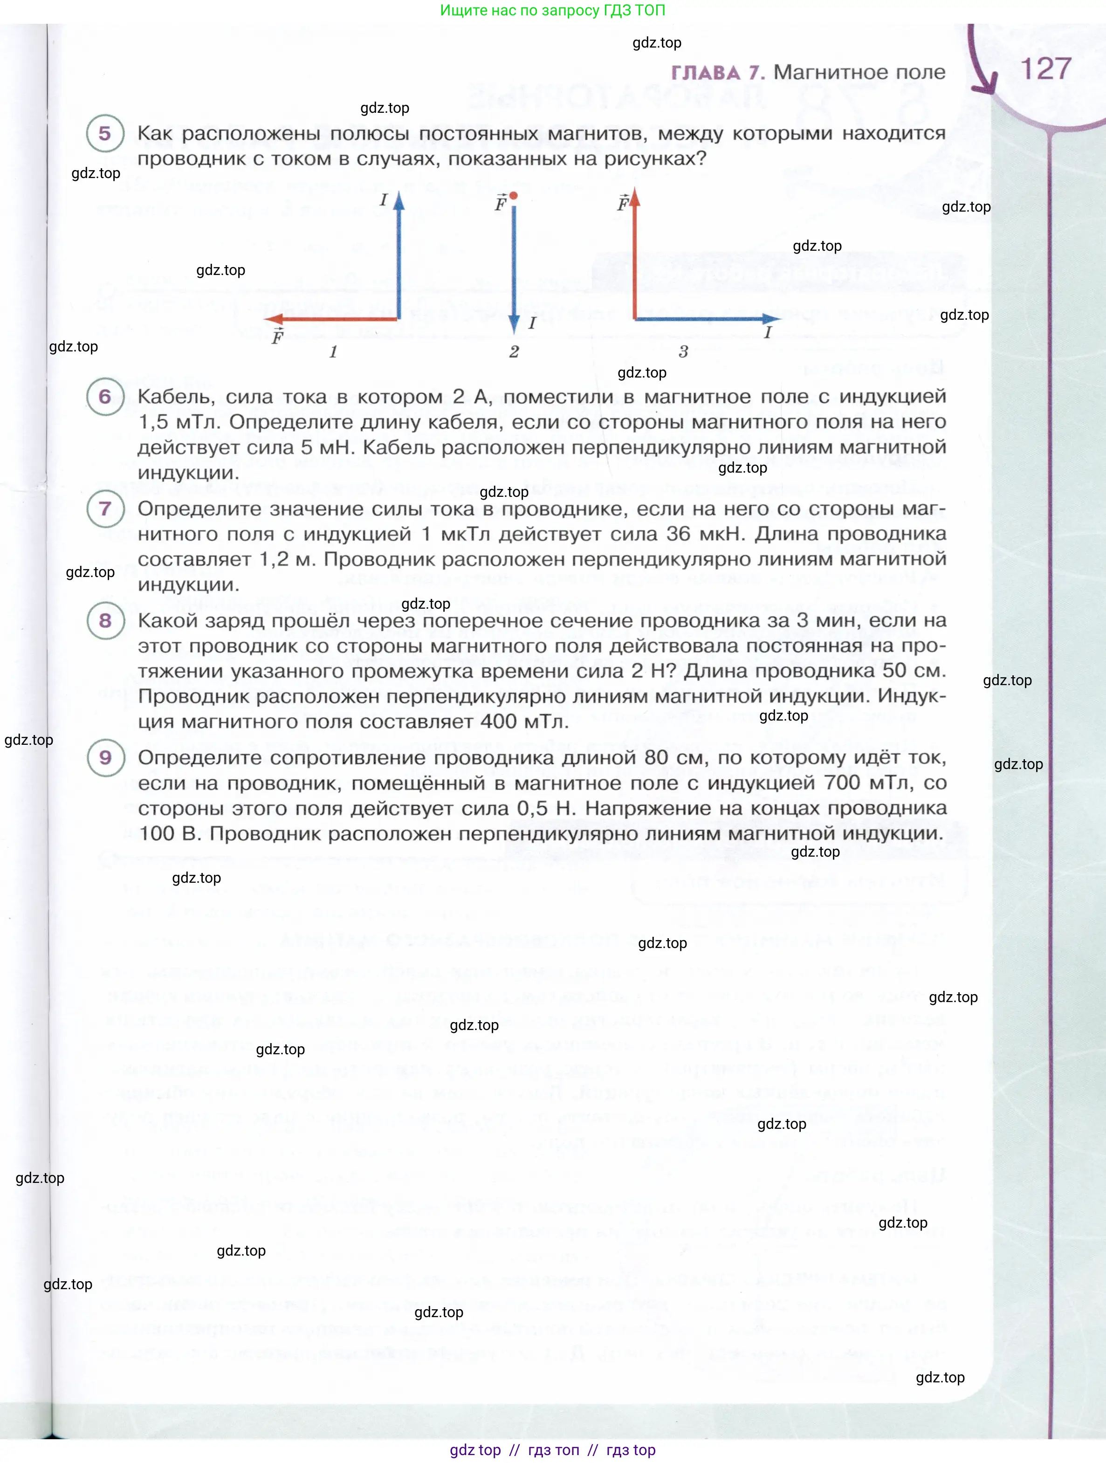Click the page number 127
tap(1045, 69)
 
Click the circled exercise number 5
tap(105, 134)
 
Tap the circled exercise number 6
tap(105, 396)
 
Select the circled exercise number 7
tap(105, 508)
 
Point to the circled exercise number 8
tap(105, 620)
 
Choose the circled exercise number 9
tap(105, 757)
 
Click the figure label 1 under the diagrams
tap(333, 352)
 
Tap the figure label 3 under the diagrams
tap(683, 352)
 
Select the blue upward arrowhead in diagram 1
tap(399, 200)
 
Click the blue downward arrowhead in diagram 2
tap(514, 325)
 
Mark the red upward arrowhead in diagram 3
tap(635, 196)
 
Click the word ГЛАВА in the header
tap(705, 73)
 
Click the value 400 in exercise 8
tap(499, 721)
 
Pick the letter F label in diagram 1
tap(278, 337)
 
